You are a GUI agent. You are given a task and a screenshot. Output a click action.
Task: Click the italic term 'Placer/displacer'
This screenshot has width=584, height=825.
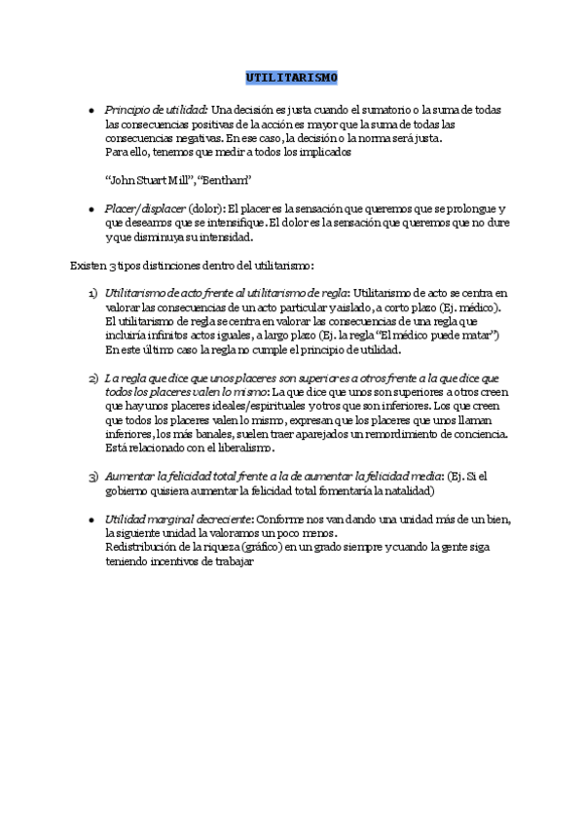145,209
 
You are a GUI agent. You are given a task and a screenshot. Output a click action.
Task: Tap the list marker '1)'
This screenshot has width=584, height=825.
92,293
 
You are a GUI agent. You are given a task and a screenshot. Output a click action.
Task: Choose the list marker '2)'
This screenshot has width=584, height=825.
92,377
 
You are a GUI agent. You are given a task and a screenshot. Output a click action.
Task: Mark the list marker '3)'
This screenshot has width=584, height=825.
92,476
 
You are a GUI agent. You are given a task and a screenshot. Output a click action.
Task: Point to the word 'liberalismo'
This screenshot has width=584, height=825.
245,448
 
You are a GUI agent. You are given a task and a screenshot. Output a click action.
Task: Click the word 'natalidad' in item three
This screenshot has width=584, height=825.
416,490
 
